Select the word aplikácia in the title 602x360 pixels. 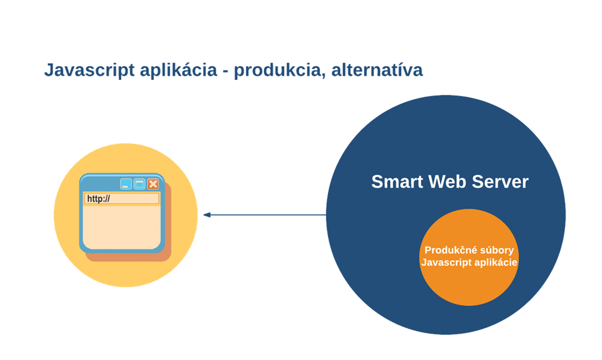179,70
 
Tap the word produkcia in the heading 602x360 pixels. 278,70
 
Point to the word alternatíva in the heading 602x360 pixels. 377,70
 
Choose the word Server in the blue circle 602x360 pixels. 500,181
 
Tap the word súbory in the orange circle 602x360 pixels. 495,250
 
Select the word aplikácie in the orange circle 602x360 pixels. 496,263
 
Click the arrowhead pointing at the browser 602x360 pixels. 207,215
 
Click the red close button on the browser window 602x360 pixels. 153,184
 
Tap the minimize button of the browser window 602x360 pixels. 126,184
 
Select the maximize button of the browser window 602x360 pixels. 139,184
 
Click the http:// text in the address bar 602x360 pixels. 99,199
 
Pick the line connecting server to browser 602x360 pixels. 265,215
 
